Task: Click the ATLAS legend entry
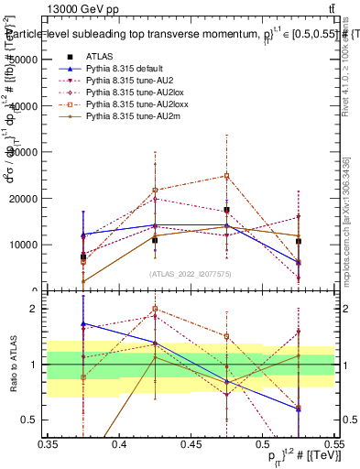point(100,58)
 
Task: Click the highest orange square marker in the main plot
point(227,176)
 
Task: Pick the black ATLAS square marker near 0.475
point(227,210)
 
